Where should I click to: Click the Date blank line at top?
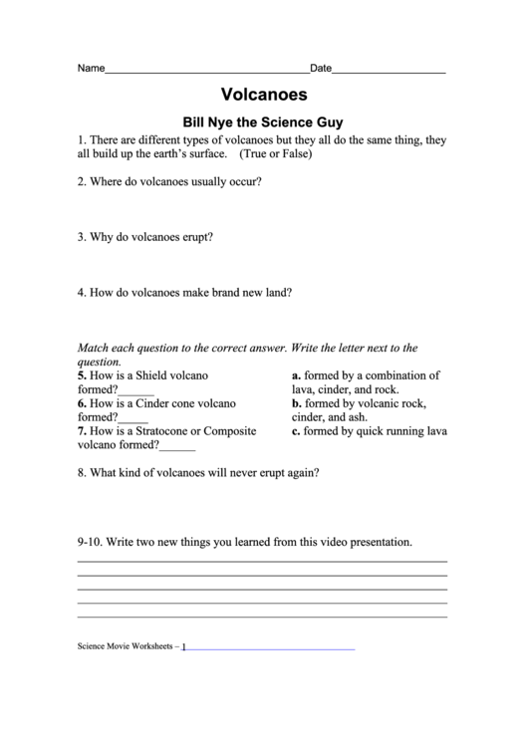tap(389, 74)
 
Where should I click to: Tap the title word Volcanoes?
tap(263, 97)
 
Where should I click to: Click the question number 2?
tap(81, 183)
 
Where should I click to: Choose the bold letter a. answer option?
tap(296, 375)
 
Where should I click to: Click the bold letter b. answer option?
tap(297, 403)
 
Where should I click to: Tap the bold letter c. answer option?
tap(296, 431)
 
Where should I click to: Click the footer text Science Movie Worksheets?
tap(125, 645)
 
